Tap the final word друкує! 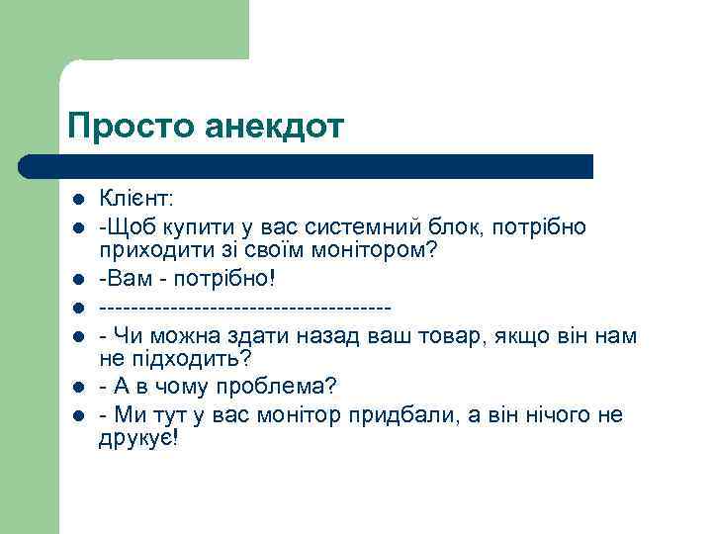(x=139, y=438)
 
